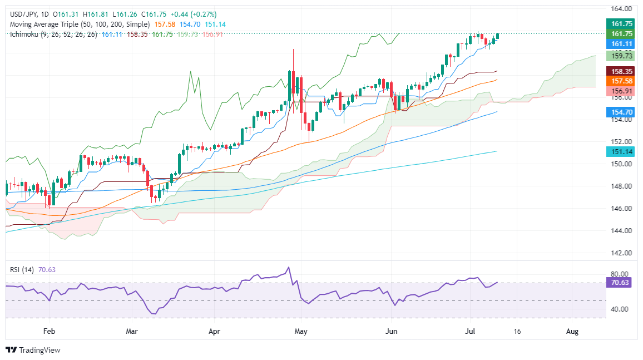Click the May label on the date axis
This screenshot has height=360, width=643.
coord(301,331)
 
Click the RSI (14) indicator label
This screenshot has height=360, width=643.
coord(22,270)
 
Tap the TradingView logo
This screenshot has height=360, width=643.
coord(33,350)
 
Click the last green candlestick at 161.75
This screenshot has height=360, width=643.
coord(498,36)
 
